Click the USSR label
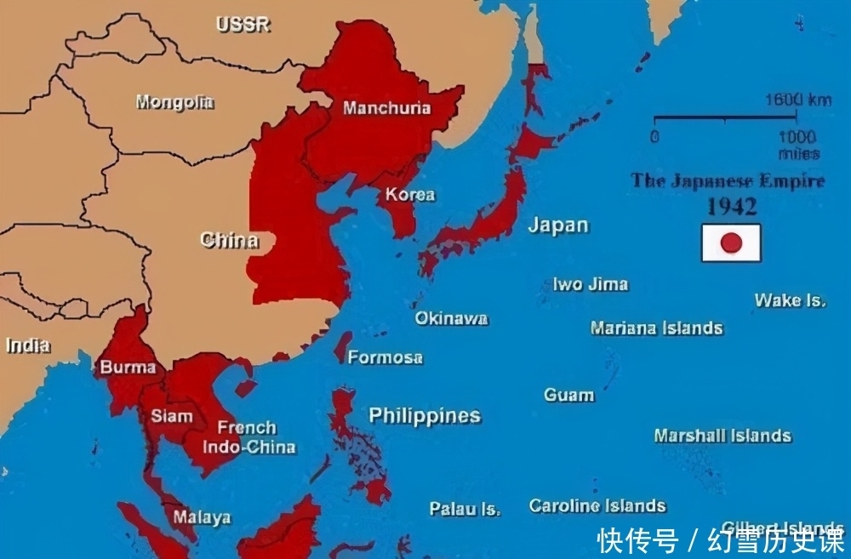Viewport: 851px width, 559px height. (x=243, y=25)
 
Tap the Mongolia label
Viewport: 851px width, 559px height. (x=174, y=103)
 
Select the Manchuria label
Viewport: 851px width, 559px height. (x=386, y=108)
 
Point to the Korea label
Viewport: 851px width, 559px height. (x=410, y=194)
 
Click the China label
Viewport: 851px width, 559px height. (x=229, y=240)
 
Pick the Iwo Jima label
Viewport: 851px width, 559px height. (x=590, y=284)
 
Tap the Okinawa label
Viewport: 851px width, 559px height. (x=451, y=318)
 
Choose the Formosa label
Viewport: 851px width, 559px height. (x=385, y=357)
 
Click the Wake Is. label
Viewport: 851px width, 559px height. (x=790, y=300)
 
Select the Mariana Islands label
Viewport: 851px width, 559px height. (x=656, y=328)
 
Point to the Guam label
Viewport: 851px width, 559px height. (x=568, y=395)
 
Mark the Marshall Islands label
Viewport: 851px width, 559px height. (x=722, y=436)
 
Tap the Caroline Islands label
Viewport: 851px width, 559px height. (x=597, y=506)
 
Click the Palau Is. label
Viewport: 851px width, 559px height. (x=465, y=509)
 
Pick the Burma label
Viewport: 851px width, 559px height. (x=128, y=368)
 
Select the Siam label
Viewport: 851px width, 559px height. (x=172, y=416)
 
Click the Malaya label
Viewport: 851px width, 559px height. (x=202, y=516)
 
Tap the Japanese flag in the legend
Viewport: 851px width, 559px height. (x=730, y=242)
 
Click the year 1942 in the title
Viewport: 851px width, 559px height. (x=733, y=207)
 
